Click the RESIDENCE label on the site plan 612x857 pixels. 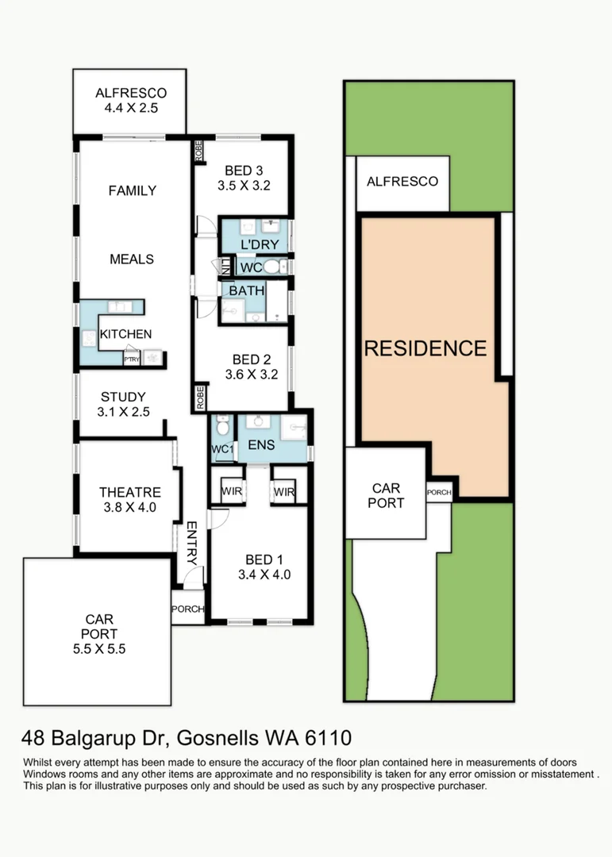pos(425,348)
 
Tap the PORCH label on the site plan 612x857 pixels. pos(439,493)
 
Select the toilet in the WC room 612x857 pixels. pos(271,267)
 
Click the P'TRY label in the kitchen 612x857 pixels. pos(132,359)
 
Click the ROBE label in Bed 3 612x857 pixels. pos(198,151)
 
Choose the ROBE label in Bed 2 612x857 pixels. pos(201,398)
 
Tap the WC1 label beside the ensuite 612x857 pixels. pos(222,449)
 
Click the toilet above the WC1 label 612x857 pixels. pos(222,426)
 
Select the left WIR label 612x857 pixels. pos(231,491)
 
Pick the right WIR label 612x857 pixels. pos(284,492)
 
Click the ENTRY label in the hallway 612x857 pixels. pos(191,543)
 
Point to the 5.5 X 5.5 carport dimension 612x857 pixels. pos(99,649)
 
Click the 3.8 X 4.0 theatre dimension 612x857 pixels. pos(130,507)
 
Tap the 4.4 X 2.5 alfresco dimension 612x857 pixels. pos(131,108)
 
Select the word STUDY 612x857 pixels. pos(123,397)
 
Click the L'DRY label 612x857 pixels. pos(260,244)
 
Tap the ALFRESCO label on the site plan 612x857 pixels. pos(402,182)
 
